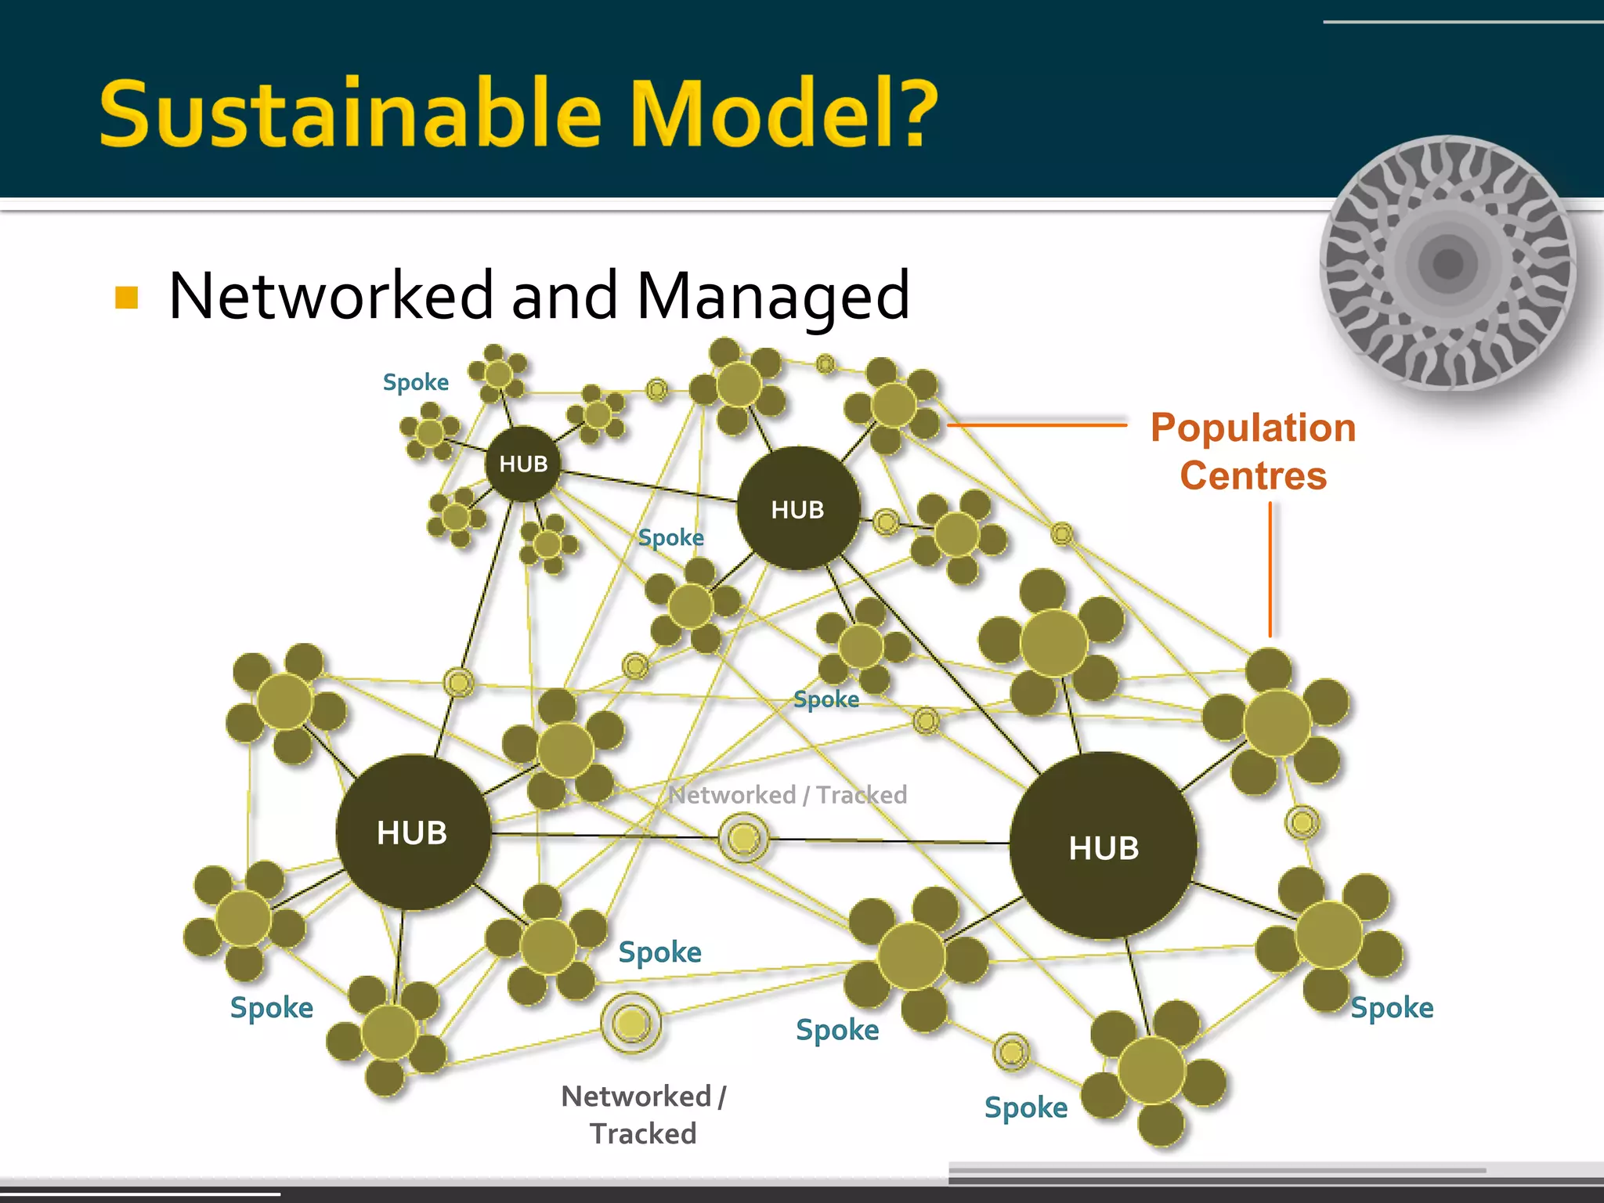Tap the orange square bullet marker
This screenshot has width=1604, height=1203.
coord(126,298)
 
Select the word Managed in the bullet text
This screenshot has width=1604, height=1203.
coord(773,296)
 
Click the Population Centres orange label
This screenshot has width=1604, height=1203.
coord(1253,451)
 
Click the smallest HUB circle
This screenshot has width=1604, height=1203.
coord(523,464)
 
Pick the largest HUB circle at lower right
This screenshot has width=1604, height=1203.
coord(1103,846)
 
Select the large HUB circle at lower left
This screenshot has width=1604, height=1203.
coord(413,832)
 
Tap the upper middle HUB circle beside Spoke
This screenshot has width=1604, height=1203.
coord(798,508)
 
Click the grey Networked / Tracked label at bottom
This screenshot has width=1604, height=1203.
coord(644,1114)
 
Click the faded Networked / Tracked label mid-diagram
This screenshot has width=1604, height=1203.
coord(787,795)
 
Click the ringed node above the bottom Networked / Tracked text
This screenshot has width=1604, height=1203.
coord(631,1022)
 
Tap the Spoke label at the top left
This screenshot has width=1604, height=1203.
coord(415,382)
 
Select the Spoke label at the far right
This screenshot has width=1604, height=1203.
coord(1392,1007)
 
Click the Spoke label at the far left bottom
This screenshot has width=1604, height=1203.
coord(271,1007)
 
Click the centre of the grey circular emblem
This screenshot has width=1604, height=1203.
coord(1447,263)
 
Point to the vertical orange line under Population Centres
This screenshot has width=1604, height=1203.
coord(1270,569)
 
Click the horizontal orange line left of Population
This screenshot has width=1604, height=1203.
coord(1038,425)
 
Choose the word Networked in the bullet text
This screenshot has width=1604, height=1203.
coord(331,296)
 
